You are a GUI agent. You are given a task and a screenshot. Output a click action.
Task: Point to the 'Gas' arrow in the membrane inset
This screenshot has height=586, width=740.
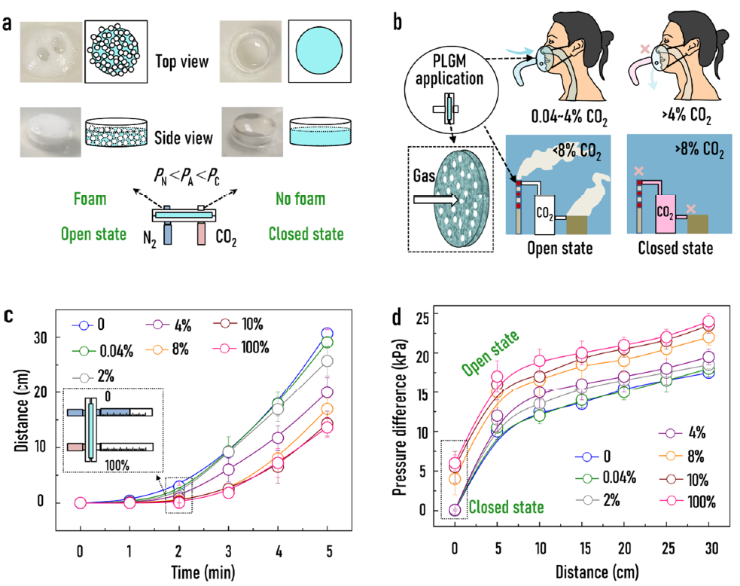pyautogui.click(x=432, y=200)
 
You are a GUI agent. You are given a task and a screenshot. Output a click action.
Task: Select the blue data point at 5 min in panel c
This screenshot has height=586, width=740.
pyautogui.click(x=326, y=334)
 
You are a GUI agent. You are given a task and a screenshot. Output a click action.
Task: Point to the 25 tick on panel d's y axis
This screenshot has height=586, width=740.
pyautogui.click(x=425, y=314)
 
